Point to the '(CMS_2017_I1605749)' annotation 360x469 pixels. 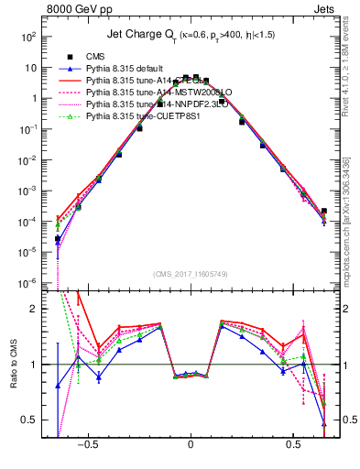[191, 274]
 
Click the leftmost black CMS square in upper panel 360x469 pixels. [58, 239]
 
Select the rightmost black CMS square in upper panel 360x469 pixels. [323, 211]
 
